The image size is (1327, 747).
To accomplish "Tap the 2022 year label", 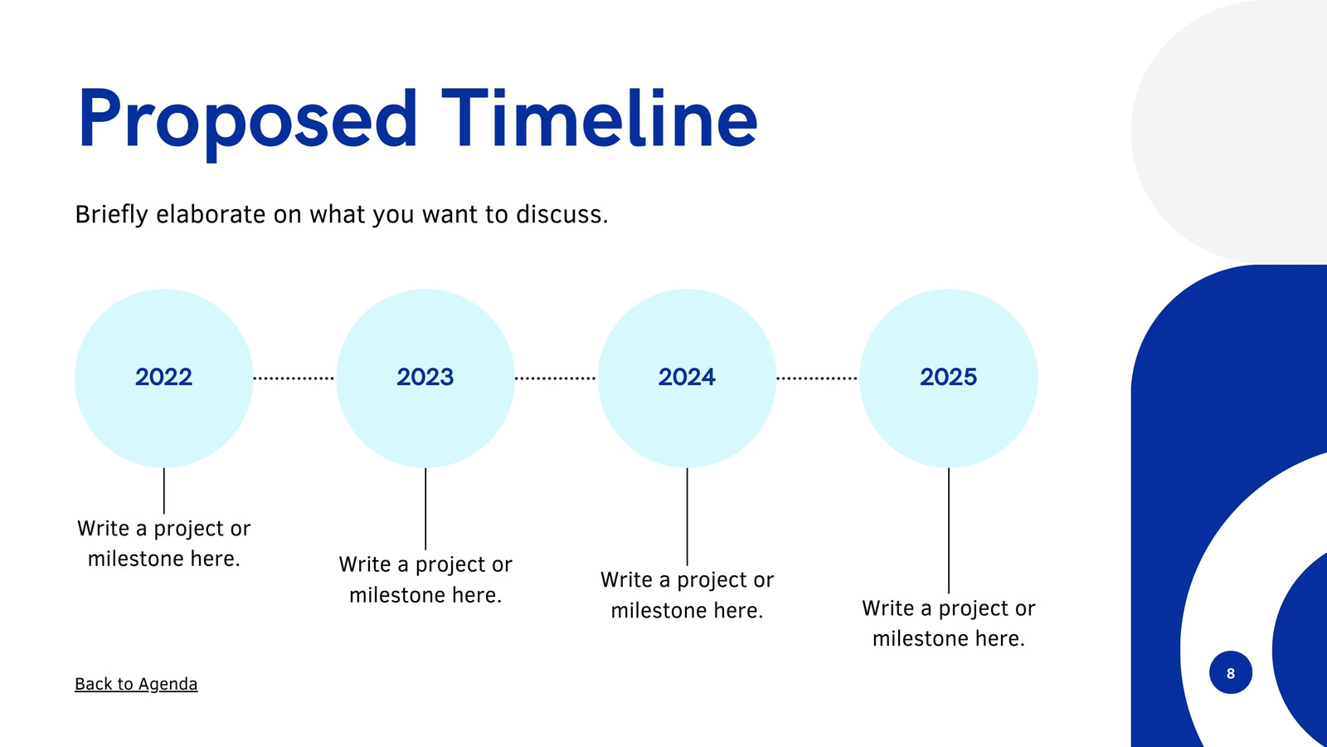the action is pyautogui.click(x=163, y=377).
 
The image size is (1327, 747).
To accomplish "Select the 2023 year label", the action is pyautogui.click(x=425, y=377).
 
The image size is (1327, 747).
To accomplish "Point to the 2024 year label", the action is pyautogui.click(x=687, y=377).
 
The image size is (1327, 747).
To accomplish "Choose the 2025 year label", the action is pyautogui.click(x=949, y=377).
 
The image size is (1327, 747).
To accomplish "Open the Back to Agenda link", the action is pyautogui.click(x=136, y=684).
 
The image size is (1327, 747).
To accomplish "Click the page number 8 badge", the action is pyautogui.click(x=1231, y=672).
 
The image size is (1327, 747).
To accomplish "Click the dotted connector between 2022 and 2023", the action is pyautogui.click(x=294, y=378).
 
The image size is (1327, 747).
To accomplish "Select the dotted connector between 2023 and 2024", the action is pyautogui.click(x=555, y=378).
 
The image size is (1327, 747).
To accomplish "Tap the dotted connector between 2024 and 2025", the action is pyautogui.click(x=817, y=378).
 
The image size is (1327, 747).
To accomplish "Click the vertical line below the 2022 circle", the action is pyautogui.click(x=164, y=491).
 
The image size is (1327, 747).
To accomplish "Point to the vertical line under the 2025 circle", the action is pyautogui.click(x=949, y=530).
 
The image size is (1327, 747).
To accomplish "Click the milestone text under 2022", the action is pyautogui.click(x=163, y=543).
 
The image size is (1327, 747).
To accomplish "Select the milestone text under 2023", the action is pyautogui.click(x=425, y=579).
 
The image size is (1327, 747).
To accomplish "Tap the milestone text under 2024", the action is pyautogui.click(x=687, y=594).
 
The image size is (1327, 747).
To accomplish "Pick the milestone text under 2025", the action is pyautogui.click(x=949, y=623).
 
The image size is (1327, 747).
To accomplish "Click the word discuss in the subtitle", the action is pyautogui.click(x=561, y=214).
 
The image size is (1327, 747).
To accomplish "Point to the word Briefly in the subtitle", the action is pyautogui.click(x=111, y=215).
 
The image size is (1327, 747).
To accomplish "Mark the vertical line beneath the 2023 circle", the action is pyautogui.click(x=425, y=509).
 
